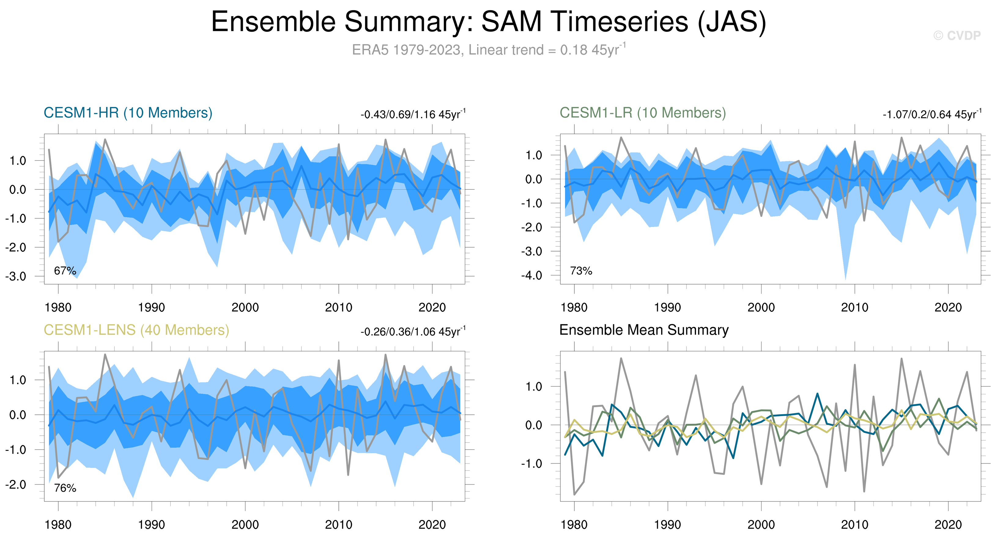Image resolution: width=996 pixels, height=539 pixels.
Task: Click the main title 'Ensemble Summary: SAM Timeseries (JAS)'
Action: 488,22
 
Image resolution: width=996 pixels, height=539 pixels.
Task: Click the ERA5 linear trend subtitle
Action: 488,50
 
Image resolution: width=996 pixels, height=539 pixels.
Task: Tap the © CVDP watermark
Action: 957,35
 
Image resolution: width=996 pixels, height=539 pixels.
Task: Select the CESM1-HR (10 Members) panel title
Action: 128,113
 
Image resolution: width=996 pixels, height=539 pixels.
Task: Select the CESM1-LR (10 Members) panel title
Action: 642,113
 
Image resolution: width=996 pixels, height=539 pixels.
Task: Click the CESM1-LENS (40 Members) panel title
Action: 136,330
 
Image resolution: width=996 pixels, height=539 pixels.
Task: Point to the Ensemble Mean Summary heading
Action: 644,330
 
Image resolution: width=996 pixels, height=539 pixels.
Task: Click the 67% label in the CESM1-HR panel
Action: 65,271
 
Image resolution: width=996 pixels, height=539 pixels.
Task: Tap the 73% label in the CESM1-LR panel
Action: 581,271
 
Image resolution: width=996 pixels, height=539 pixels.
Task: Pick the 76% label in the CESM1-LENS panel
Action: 65,488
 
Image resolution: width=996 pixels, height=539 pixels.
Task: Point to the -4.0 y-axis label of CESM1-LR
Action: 531,276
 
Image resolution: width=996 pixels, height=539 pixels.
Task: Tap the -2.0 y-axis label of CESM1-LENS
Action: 16,485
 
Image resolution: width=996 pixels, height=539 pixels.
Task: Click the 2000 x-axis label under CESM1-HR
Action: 245,308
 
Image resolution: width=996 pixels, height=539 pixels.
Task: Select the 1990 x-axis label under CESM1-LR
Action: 668,308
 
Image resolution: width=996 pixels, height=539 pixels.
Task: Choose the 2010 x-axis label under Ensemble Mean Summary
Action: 854,525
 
